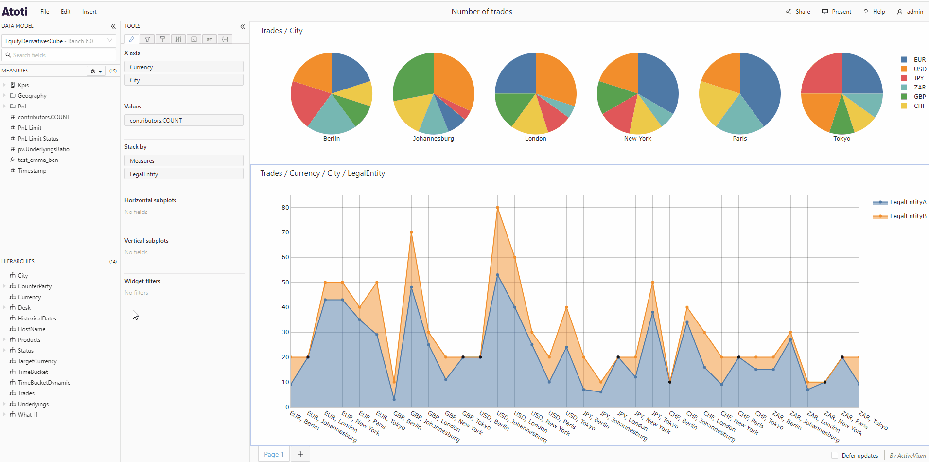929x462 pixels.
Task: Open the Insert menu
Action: [89, 12]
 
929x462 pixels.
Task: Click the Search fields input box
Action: [59, 55]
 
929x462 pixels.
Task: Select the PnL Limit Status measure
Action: [38, 139]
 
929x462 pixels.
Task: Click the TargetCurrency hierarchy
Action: [37, 361]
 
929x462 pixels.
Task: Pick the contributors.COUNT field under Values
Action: [184, 120]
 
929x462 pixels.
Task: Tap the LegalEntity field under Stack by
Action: [184, 174]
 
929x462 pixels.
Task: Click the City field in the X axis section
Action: [184, 80]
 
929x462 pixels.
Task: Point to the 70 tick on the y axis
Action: [285, 232]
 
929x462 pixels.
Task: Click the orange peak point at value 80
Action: [497, 208]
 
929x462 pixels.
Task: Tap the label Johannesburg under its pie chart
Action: [434, 139]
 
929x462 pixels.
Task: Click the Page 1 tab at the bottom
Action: [274, 454]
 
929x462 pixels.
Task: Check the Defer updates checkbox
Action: [835, 456]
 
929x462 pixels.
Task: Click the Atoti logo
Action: [15, 11]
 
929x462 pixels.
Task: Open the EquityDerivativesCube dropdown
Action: [59, 41]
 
